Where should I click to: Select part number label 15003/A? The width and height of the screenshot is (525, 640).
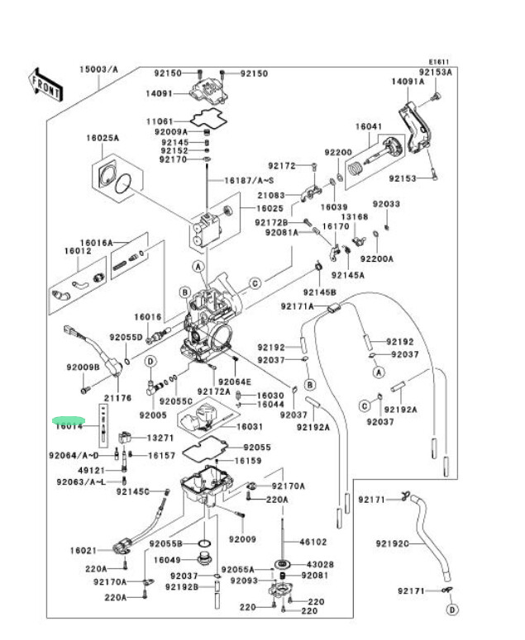click(x=98, y=69)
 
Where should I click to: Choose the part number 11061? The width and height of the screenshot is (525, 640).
click(x=160, y=121)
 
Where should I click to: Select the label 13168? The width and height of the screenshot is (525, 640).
click(x=355, y=216)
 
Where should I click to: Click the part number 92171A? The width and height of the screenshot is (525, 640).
click(x=297, y=306)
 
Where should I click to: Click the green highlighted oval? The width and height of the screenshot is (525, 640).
click(x=69, y=420)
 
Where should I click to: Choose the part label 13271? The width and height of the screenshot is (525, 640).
click(x=160, y=438)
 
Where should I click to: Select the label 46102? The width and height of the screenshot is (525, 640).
click(x=313, y=542)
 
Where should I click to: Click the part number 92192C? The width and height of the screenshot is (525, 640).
click(x=392, y=544)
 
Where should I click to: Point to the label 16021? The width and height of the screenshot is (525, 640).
click(x=83, y=549)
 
